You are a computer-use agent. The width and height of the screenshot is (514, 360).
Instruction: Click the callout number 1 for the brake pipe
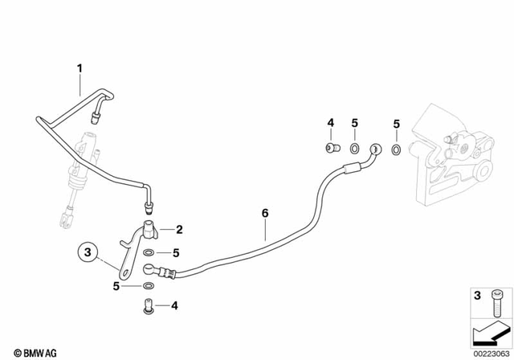[x=80, y=67]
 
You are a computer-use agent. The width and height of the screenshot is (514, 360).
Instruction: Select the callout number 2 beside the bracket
[x=179, y=229]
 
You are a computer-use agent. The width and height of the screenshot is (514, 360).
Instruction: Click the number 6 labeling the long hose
[x=263, y=214]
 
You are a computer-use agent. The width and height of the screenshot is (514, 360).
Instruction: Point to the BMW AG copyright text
[x=31, y=351]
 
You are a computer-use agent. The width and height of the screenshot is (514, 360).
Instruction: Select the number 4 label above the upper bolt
[x=330, y=123]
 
